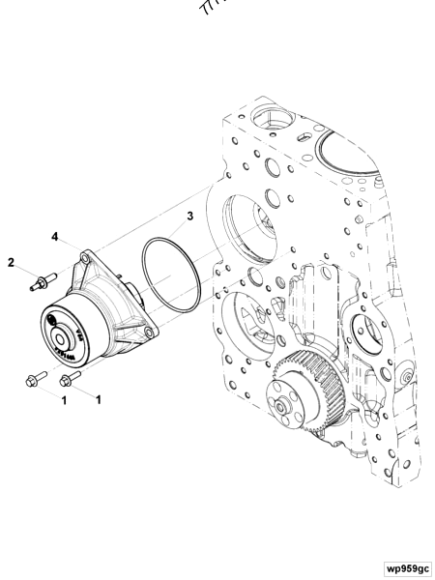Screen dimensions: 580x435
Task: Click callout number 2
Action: coord(13,262)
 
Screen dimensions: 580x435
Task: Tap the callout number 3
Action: coord(190,216)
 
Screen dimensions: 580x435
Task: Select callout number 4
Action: coord(55,236)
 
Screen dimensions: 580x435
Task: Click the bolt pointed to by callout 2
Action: coord(39,283)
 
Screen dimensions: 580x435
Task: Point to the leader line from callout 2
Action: coord(24,272)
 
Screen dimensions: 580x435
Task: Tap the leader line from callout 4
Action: coord(70,246)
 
